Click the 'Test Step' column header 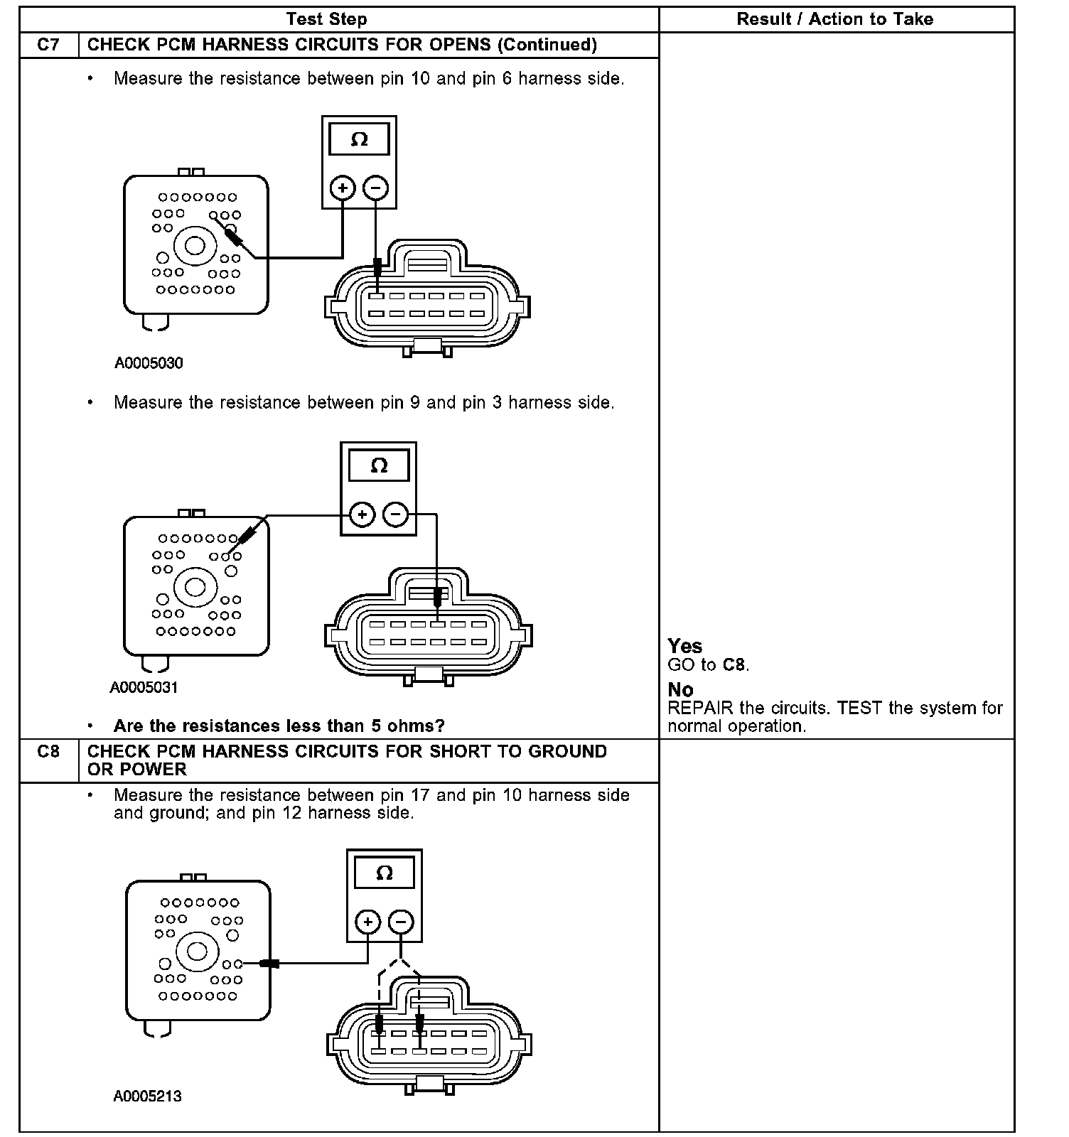(326, 19)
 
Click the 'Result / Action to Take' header (834, 19)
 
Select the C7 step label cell (48, 45)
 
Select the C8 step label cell (48, 752)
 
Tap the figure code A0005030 (149, 363)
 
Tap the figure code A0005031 (144, 687)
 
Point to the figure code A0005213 (147, 1096)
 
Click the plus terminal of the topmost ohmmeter (343, 188)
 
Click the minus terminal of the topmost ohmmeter (376, 188)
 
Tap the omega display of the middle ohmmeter (379, 465)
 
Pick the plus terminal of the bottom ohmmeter (367, 922)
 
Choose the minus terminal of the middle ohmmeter (396, 514)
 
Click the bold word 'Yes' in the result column (684, 646)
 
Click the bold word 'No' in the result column (680, 689)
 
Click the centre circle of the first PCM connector (195, 246)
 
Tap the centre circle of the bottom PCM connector (196, 951)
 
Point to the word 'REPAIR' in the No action (700, 708)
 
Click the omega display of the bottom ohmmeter (384, 873)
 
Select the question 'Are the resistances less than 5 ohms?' (279, 726)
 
